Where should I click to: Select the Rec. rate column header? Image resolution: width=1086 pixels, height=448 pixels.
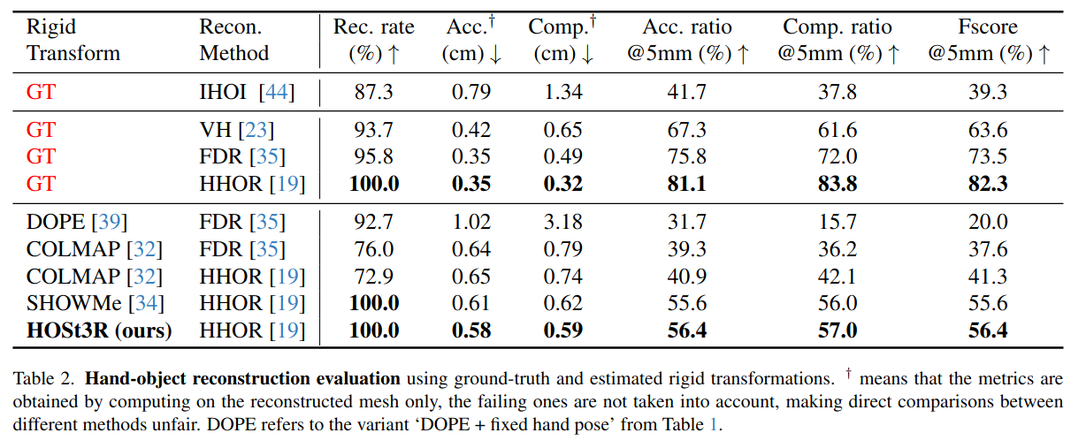coord(372,41)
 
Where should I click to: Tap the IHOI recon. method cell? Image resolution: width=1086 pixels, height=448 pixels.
coord(247,91)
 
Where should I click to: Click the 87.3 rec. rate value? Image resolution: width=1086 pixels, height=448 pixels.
coord(373,91)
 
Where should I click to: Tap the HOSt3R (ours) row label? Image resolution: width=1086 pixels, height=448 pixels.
coord(99,330)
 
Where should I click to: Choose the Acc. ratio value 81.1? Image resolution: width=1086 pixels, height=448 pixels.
coord(688,184)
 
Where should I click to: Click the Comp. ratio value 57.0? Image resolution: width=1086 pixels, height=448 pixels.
coord(837,330)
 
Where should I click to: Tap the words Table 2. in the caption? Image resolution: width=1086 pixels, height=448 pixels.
coord(44,379)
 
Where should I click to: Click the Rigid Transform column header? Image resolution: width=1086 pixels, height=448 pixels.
coord(73,41)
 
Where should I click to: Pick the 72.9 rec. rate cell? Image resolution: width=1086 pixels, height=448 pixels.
coord(373,277)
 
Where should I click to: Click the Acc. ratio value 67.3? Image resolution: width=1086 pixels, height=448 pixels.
coord(688,131)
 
